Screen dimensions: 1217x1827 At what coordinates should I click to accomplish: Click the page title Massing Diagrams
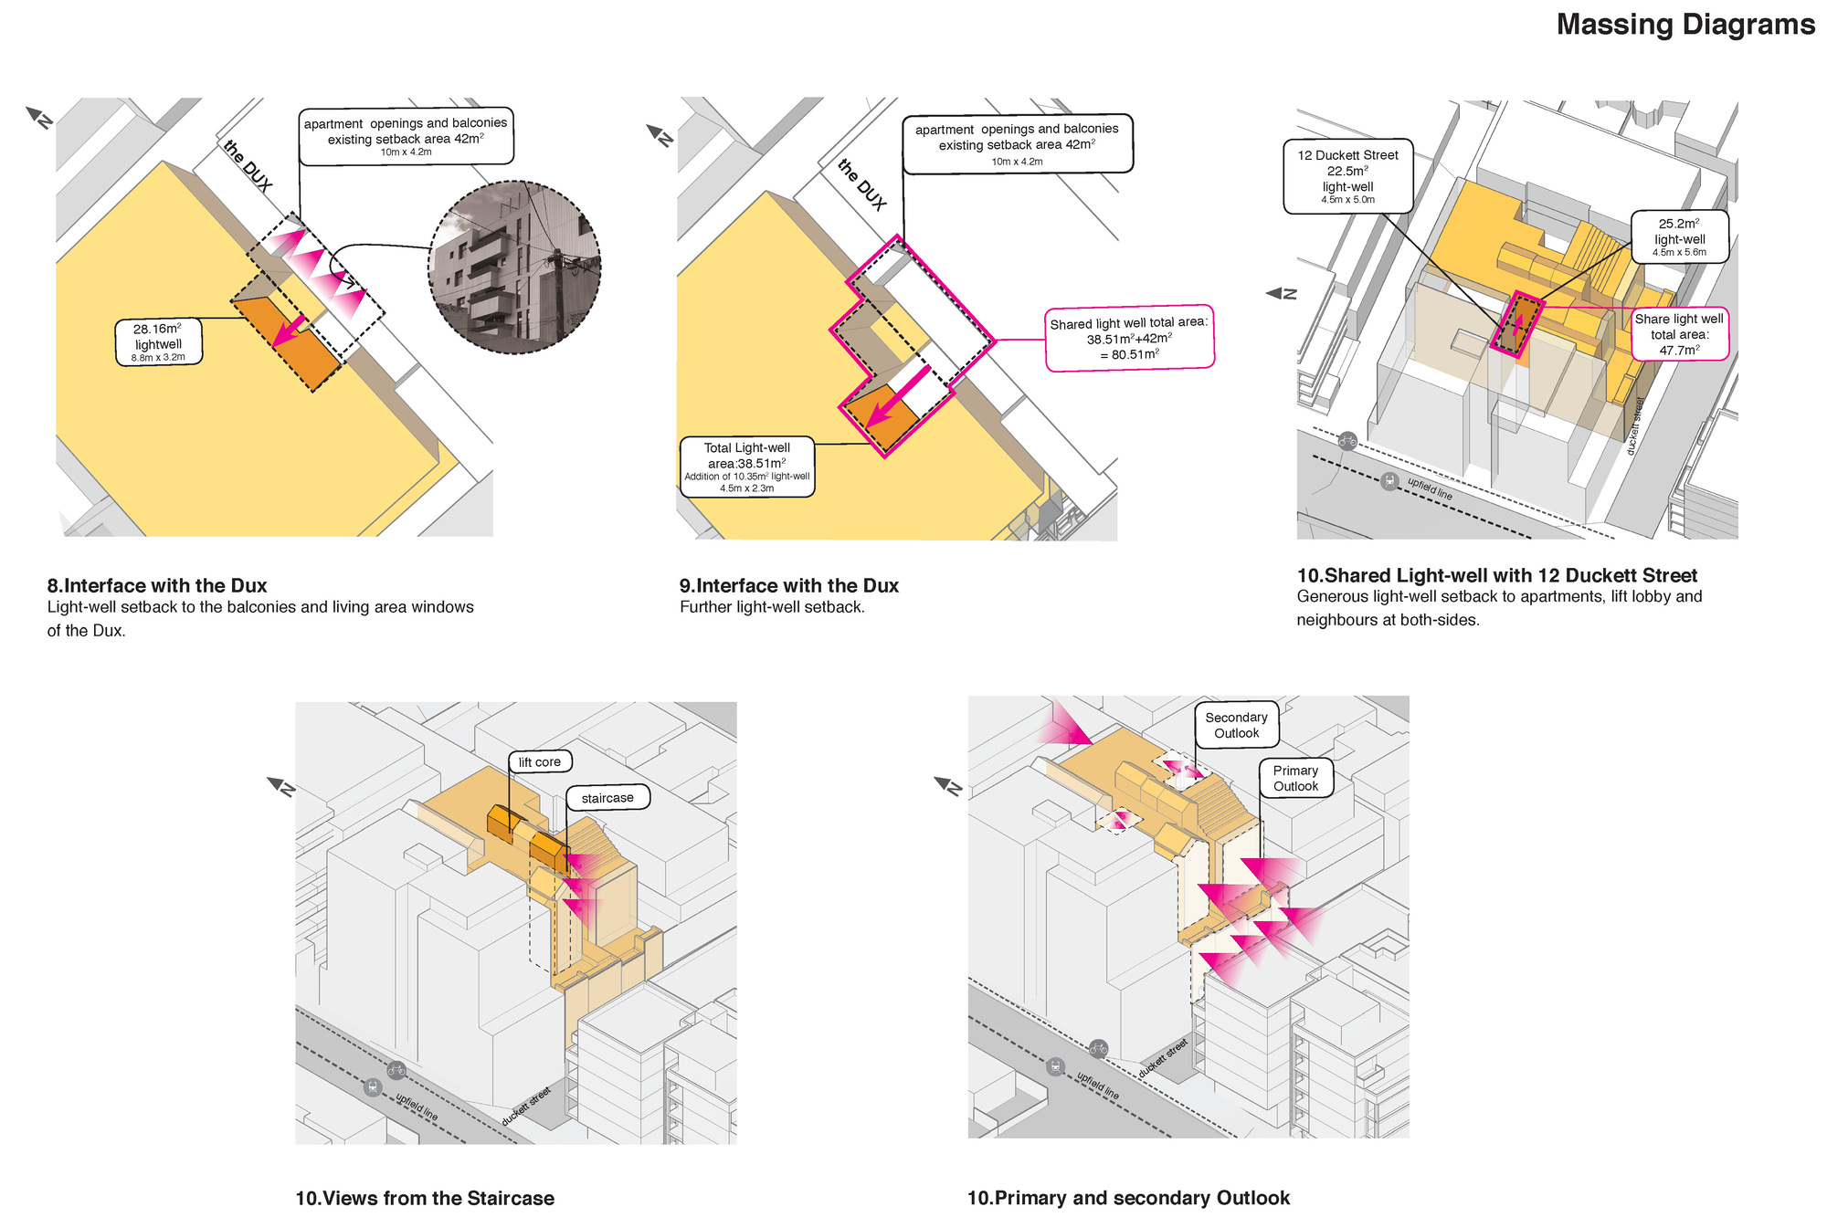click(x=1684, y=25)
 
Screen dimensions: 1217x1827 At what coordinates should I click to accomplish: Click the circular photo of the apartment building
click(x=515, y=267)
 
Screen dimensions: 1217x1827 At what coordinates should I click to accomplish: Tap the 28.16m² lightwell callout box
click(x=159, y=342)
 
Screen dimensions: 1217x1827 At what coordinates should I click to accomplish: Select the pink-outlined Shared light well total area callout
click(x=1129, y=338)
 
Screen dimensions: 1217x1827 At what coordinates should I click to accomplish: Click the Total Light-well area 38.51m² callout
click(x=747, y=467)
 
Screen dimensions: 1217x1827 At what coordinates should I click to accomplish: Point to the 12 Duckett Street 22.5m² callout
click(x=1347, y=176)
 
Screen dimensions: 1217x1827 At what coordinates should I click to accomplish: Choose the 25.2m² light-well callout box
click(x=1679, y=236)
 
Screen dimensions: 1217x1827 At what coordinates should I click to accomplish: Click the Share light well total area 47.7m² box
click(x=1679, y=334)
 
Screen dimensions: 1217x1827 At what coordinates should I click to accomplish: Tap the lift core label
click(x=540, y=761)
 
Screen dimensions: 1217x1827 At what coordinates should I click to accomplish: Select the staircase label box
click(x=607, y=797)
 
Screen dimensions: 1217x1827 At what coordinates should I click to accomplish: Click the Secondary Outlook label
click(x=1236, y=725)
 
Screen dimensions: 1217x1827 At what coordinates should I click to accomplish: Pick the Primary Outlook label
click(x=1295, y=778)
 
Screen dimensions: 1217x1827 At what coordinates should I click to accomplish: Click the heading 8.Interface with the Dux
click(x=157, y=585)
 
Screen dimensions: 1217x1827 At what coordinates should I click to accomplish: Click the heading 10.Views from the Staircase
click(x=425, y=1198)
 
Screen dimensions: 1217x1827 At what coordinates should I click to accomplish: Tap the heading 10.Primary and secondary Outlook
click(x=1128, y=1197)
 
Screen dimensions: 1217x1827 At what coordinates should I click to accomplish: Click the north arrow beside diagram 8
click(x=40, y=118)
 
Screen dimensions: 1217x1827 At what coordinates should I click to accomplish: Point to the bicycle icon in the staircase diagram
click(x=396, y=1069)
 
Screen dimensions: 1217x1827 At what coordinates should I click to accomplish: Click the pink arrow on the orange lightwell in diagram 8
click(x=290, y=331)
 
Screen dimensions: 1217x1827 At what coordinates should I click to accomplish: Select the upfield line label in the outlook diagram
click(x=1097, y=1086)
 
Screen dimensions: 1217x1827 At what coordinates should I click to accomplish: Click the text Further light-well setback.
click(x=772, y=607)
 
